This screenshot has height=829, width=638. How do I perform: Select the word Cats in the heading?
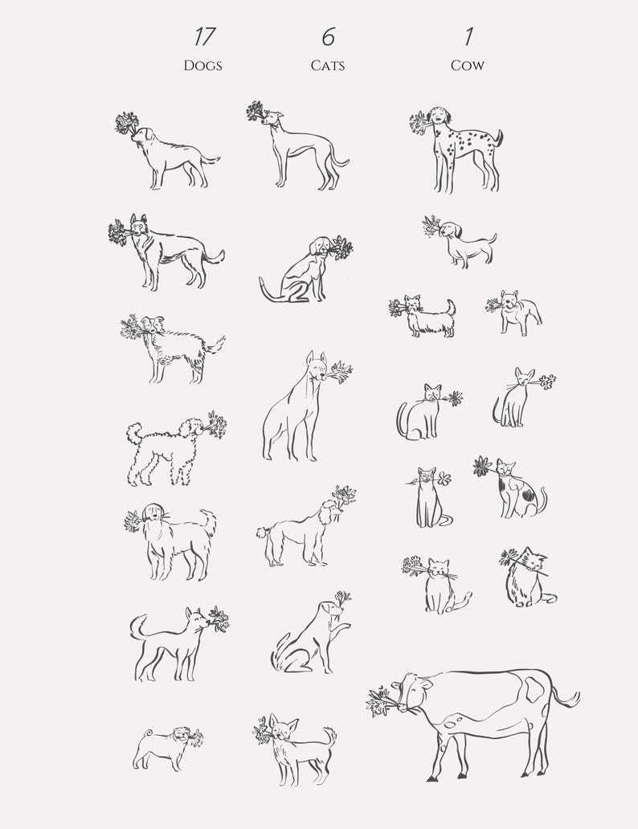pyautogui.click(x=328, y=65)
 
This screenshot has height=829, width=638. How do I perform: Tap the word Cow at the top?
pyautogui.click(x=467, y=65)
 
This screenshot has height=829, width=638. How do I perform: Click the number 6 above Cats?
pyautogui.click(x=328, y=37)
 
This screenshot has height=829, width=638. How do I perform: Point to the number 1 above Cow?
pyautogui.click(x=467, y=37)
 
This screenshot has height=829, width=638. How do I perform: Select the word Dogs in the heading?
pyautogui.click(x=202, y=65)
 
